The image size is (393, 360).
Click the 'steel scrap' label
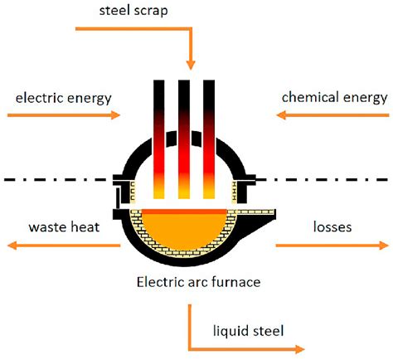click(x=133, y=11)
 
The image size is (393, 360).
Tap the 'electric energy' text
click(x=64, y=99)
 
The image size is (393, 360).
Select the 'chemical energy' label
click(x=334, y=98)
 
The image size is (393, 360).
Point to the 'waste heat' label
click(x=64, y=227)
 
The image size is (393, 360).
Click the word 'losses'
click(x=332, y=227)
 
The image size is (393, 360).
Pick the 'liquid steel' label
click(x=248, y=331)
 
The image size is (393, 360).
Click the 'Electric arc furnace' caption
click(x=198, y=282)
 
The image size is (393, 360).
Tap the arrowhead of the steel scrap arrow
click(x=191, y=65)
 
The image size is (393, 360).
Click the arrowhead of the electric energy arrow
click(x=115, y=114)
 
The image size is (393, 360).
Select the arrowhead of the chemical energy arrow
click(x=281, y=114)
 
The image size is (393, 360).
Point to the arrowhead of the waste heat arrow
click(x=12, y=246)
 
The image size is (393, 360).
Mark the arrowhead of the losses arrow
click(x=384, y=246)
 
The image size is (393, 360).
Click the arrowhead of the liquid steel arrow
click(x=299, y=349)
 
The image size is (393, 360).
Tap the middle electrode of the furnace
click(x=184, y=139)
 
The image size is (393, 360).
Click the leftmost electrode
click(x=159, y=139)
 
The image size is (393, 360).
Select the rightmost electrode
click(x=209, y=139)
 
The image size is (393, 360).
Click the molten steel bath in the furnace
click(x=183, y=231)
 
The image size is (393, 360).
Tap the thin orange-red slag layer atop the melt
click(x=184, y=212)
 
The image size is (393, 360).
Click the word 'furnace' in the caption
click(x=236, y=282)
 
